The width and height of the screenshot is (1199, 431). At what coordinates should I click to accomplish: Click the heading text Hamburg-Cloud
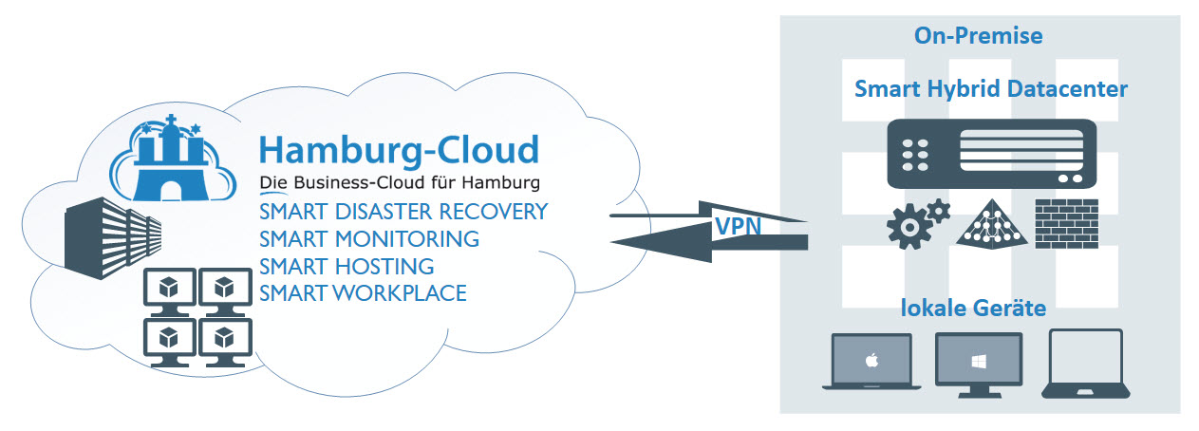pos(399,150)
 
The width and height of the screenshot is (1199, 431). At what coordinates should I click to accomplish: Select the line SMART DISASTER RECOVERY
pos(403,211)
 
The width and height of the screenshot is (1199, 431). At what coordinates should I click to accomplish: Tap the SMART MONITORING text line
pos(368,238)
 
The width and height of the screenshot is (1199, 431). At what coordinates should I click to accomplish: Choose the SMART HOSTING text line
pos(347,266)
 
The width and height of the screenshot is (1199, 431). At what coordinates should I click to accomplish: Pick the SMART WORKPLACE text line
pos(363,293)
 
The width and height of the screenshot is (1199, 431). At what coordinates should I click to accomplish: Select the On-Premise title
pos(978,36)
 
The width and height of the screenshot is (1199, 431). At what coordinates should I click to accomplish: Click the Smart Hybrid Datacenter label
pos(991,89)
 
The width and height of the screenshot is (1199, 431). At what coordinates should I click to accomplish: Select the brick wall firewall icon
pos(1065,222)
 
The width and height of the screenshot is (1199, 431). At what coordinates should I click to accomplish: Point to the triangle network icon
pos(992,224)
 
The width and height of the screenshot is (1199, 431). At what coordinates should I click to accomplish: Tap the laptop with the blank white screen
pos(1086,362)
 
